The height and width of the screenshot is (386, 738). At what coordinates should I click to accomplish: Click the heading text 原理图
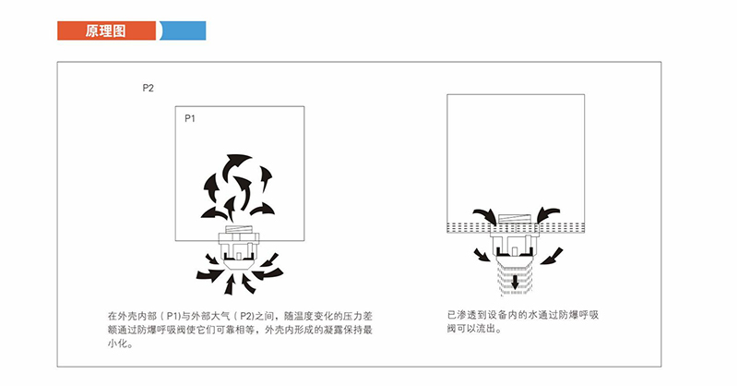[x=106, y=30]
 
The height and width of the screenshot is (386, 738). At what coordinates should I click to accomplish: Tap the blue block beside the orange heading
[x=184, y=30]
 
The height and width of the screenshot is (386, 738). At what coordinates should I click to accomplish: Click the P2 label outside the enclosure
[x=148, y=89]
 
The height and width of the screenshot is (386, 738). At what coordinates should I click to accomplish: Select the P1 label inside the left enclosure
[x=190, y=118]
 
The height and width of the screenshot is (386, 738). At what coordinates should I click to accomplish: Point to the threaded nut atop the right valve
[x=517, y=223]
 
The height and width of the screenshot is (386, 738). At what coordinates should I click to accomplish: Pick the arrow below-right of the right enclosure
[x=553, y=254]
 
